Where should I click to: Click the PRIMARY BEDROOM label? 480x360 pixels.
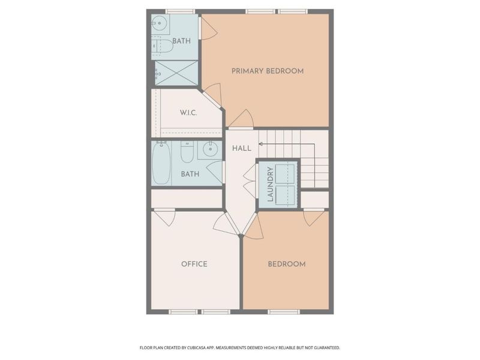(268, 71)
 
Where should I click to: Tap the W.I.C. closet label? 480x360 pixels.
(189, 113)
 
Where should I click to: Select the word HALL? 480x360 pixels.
(241, 148)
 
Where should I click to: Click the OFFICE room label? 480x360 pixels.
(194, 264)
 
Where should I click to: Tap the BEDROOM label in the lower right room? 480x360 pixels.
(286, 264)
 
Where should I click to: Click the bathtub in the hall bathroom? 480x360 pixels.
(161, 163)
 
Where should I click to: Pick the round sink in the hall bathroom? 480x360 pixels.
(210, 150)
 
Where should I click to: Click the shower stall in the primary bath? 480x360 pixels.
(176, 73)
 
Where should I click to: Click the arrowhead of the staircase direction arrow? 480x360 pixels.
(260, 144)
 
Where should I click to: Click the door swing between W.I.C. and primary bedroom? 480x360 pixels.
(213, 95)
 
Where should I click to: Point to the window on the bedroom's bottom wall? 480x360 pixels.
(283, 311)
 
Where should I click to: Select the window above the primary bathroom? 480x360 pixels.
(180, 11)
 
